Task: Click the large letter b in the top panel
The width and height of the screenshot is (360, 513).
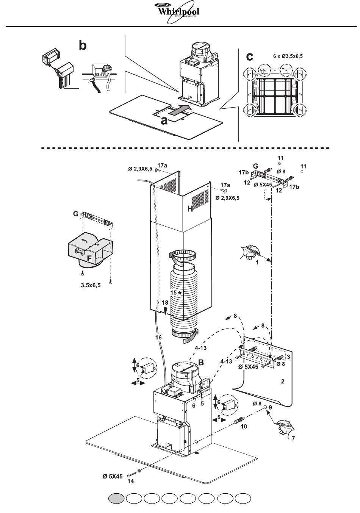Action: pos(82,45)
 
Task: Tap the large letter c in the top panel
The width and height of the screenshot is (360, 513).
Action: pos(249,56)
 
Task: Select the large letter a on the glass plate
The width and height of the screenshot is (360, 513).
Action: pos(164,121)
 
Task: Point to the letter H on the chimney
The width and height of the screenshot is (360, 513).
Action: pos(190,208)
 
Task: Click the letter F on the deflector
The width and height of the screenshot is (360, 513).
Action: pos(89,258)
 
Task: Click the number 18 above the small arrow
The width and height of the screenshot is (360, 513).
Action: pos(165,303)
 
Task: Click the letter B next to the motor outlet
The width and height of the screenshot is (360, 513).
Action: pos(201,362)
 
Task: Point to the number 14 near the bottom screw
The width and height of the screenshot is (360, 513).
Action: pos(131,481)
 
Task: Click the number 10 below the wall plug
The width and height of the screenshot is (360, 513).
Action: pos(244,426)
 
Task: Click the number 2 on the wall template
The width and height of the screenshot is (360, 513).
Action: pos(283,381)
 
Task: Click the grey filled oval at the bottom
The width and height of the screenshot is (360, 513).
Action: pos(116,499)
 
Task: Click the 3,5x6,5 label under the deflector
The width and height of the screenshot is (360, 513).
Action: pos(91,285)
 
